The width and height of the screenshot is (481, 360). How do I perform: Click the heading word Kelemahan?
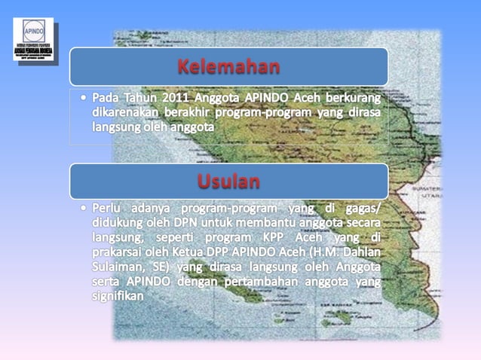tap(229, 67)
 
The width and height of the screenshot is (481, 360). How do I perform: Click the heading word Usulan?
tap(229, 182)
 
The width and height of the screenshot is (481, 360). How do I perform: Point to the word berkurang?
tap(351, 99)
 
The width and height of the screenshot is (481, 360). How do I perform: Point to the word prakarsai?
tap(121, 252)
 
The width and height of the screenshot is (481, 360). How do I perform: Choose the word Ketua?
tap(213, 252)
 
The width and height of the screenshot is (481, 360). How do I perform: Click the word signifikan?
tap(118, 297)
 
